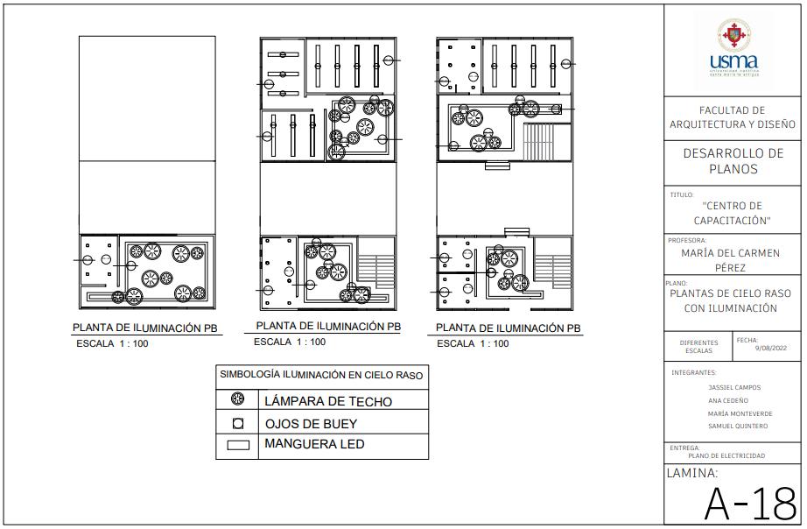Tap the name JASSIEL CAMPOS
click(x=734, y=387)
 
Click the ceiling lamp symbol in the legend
click(x=237, y=400)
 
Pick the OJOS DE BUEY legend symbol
click(x=237, y=423)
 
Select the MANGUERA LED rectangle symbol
click(x=237, y=445)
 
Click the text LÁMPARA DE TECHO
click(x=327, y=401)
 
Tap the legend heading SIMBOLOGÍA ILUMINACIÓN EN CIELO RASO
click(x=321, y=375)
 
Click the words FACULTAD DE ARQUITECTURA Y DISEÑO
click(x=733, y=117)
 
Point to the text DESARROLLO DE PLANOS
click(x=733, y=161)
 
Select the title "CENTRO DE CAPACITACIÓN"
click(x=733, y=213)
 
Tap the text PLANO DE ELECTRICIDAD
click(x=726, y=455)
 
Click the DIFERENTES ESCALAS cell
click(x=698, y=347)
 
